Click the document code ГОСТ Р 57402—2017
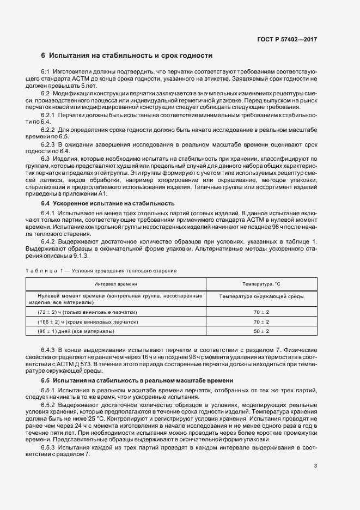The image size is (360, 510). (288, 39)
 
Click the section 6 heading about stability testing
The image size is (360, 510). (126, 56)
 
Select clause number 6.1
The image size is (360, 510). (45, 72)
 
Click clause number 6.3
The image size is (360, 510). (45, 158)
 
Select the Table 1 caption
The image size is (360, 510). (100, 271)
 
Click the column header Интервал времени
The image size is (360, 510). (115, 284)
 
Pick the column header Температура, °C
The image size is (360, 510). (261, 284)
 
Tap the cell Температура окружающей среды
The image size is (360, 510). (261, 296)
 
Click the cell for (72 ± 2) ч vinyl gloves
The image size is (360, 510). (87, 312)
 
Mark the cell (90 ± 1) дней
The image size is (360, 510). (76, 331)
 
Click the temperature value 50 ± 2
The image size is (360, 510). (261, 331)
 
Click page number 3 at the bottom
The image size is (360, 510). (315, 465)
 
